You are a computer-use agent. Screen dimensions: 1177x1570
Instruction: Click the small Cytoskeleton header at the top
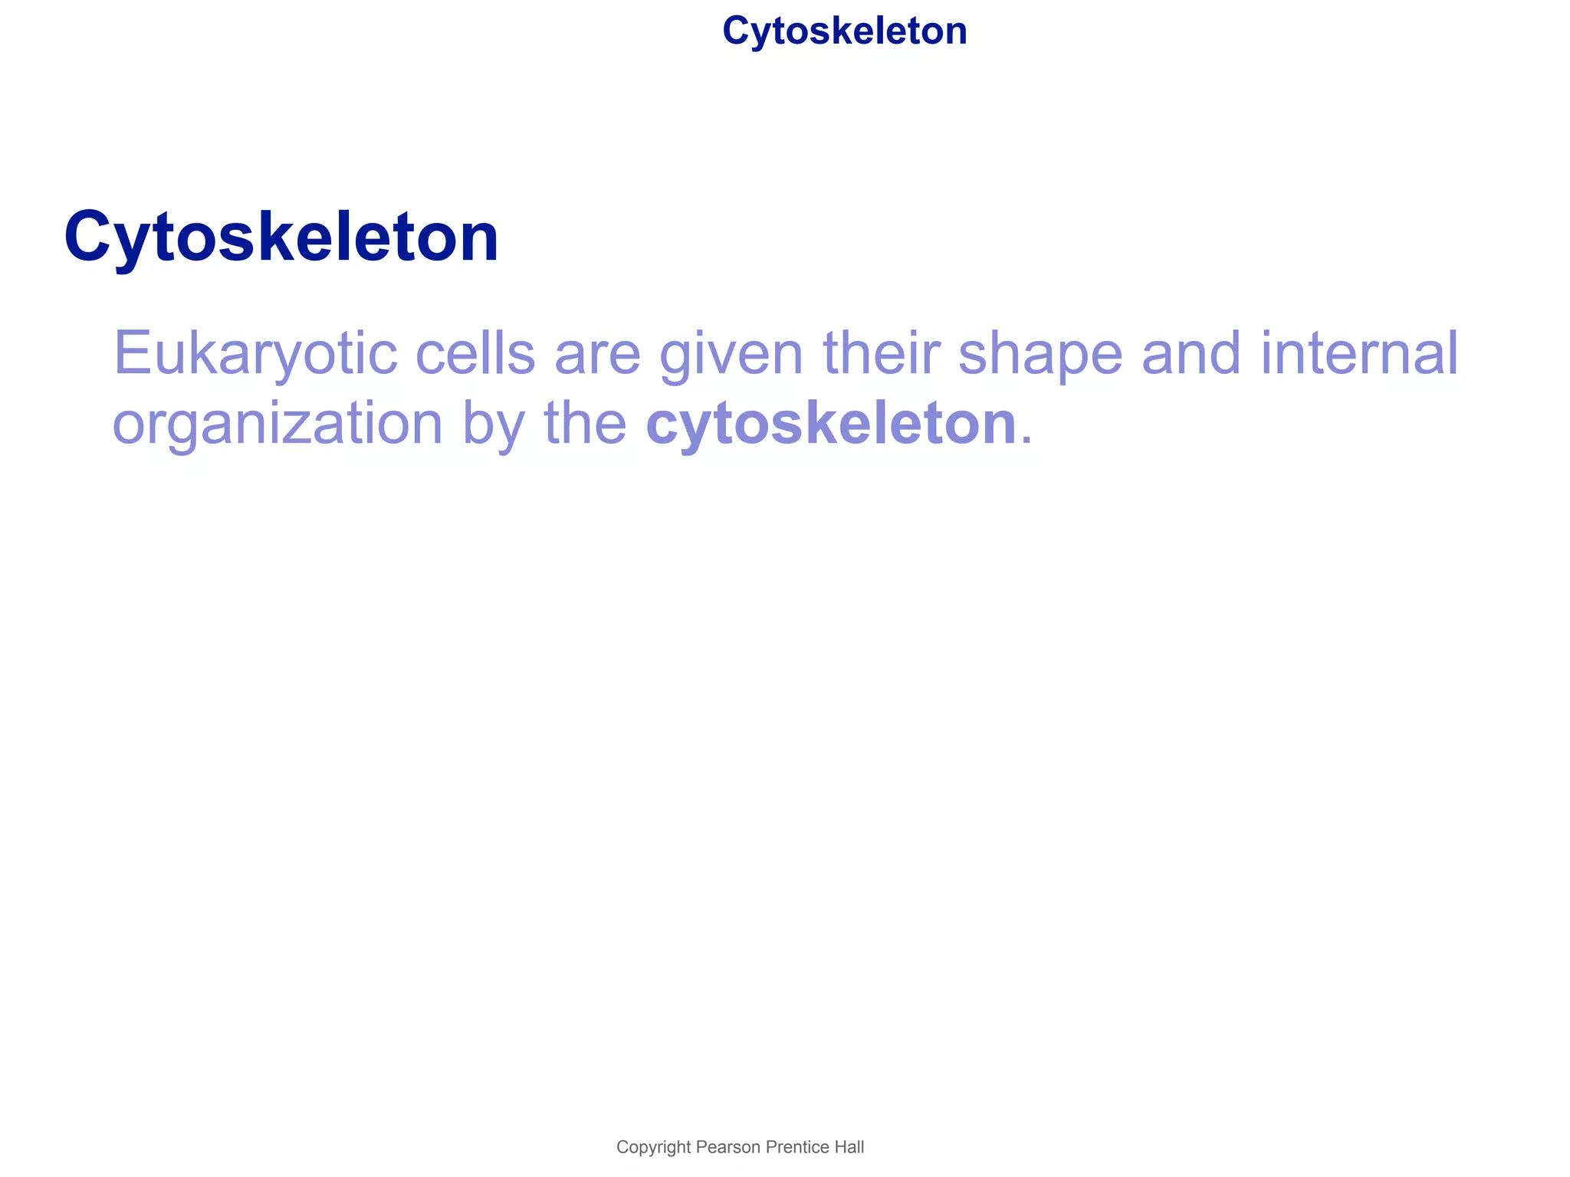point(844,31)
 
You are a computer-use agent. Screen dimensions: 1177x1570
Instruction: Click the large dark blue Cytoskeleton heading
point(281,237)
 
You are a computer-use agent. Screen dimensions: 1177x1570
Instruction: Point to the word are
point(597,354)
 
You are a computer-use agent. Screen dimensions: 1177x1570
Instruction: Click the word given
point(731,354)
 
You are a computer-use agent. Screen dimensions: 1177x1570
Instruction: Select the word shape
point(1040,354)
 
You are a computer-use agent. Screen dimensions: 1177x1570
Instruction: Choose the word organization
point(278,424)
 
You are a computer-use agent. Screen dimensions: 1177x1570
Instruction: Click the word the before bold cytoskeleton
point(585,423)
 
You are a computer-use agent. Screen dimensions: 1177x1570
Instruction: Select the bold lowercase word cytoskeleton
point(831,423)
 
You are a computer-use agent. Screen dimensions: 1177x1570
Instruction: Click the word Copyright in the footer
point(653,1147)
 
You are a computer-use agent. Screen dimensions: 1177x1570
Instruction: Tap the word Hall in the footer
point(849,1147)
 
